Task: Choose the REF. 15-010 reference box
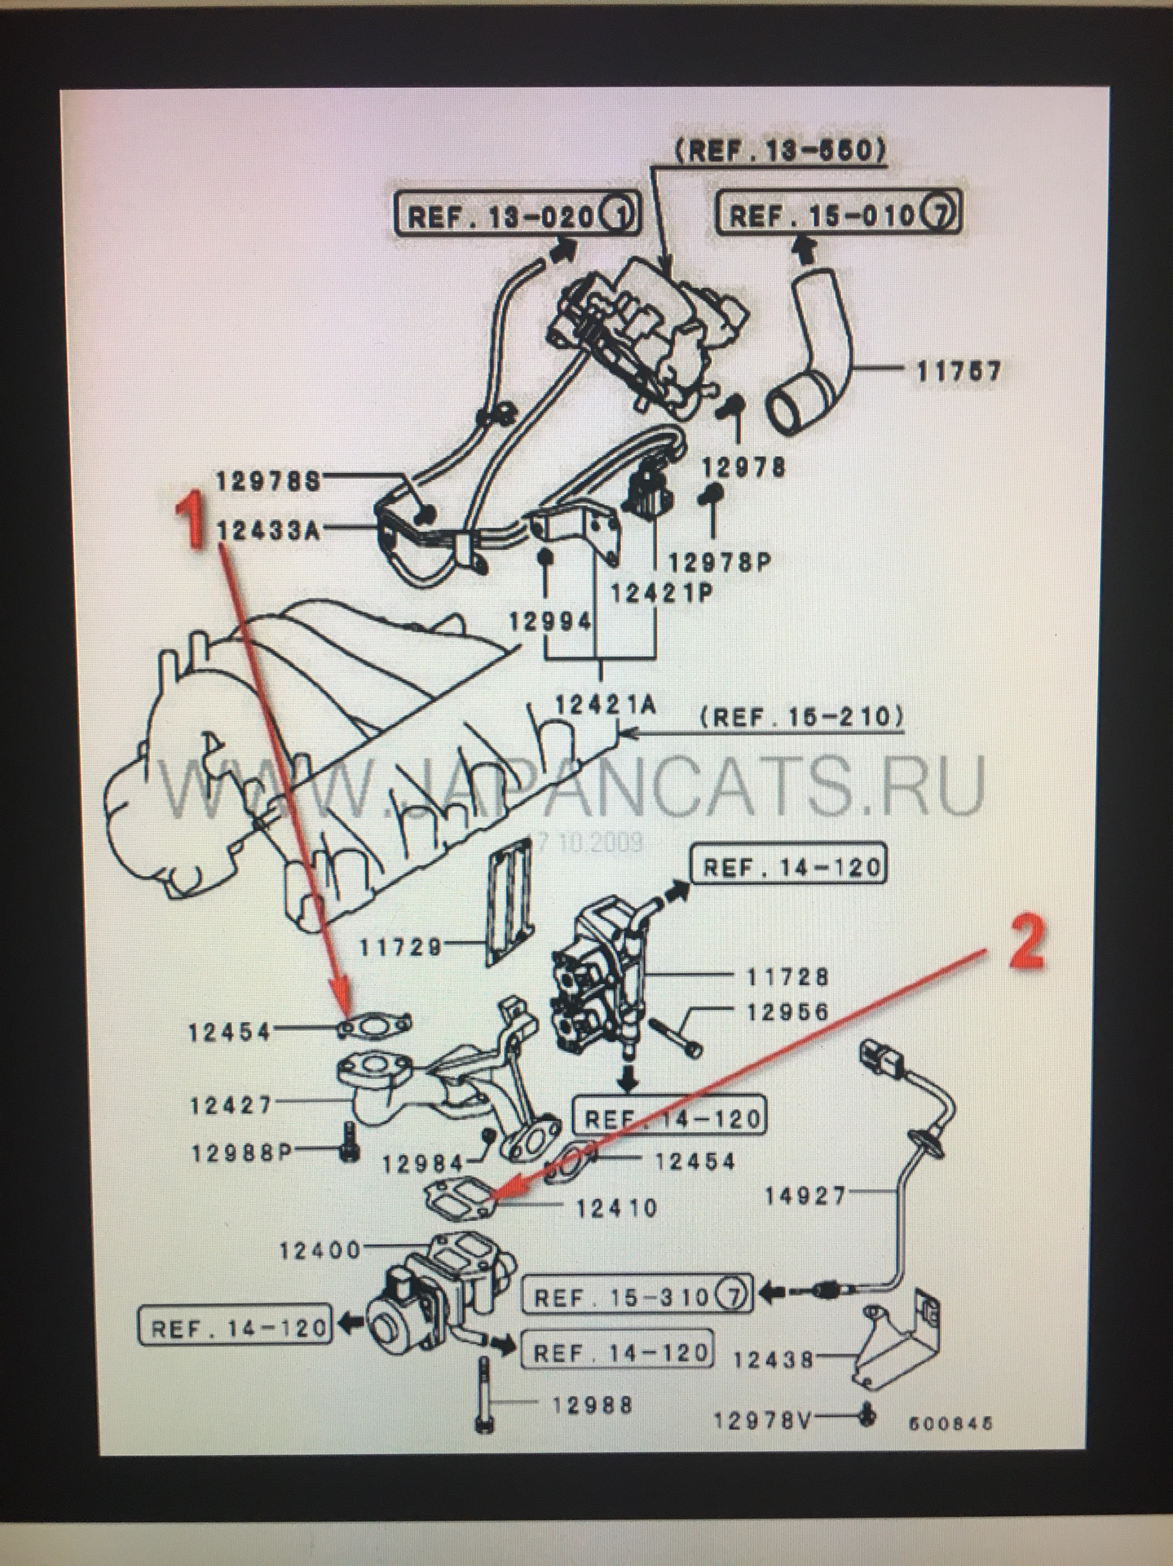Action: (839, 215)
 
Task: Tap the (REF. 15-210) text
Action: (801, 718)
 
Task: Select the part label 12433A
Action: (269, 531)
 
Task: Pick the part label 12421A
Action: (605, 704)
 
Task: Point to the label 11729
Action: (400, 947)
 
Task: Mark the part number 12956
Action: (787, 1012)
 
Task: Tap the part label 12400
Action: (320, 1250)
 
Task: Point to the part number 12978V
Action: (762, 1421)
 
